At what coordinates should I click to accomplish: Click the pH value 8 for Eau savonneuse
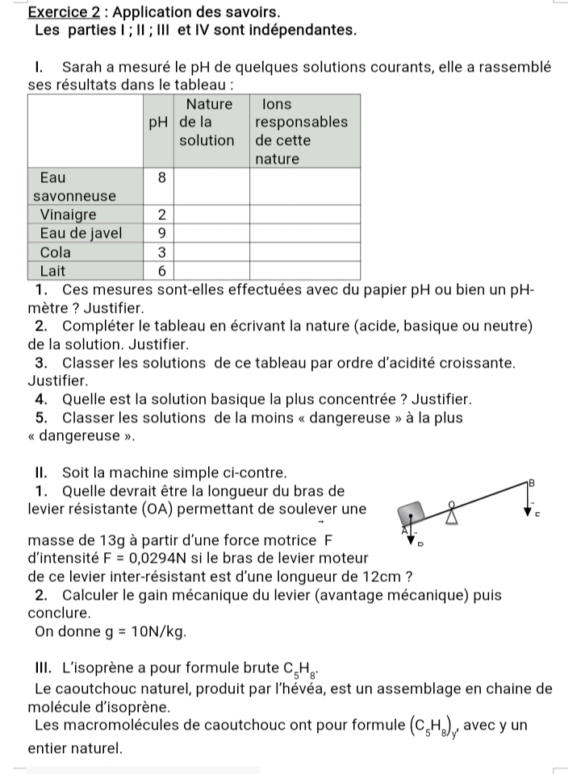(x=161, y=177)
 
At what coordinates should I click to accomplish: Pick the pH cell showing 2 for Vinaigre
(x=161, y=214)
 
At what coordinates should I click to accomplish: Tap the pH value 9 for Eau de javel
(x=161, y=233)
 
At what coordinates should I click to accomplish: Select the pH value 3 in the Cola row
(x=161, y=252)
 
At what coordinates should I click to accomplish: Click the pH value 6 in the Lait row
(x=161, y=270)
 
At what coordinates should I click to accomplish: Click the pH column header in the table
(x=160, y=123)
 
